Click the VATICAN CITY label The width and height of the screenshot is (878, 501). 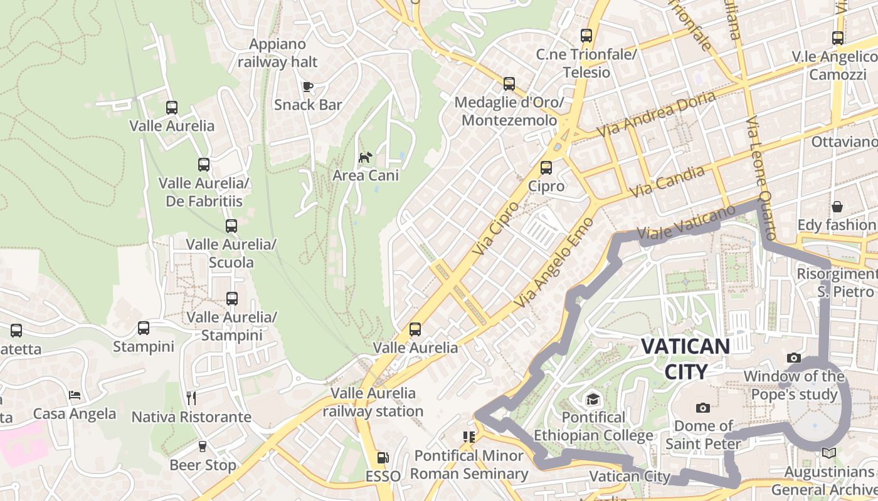click(x=685, y=358)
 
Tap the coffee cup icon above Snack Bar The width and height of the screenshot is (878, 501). click(x=307, y=86)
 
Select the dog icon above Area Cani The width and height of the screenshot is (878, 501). click(x=365, y=157)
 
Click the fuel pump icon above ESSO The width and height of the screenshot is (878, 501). click(x=383, y=458)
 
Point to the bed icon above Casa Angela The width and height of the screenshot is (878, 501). click(x=75, y=395)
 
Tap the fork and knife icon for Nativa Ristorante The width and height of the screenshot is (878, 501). click(x=191, y=398)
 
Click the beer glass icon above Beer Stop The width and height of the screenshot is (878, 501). click(x=202, y=446)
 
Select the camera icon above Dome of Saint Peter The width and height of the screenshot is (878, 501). click(x=703, y=408)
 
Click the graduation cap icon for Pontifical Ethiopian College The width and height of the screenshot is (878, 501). click(x=593, y=399)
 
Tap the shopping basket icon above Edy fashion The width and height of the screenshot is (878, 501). click(x=837, y=206)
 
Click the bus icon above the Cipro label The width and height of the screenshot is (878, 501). click(x=546, y=168)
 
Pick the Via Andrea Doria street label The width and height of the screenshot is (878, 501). click(x=656, y=115)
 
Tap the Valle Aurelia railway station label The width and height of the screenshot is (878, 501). click(x=373, y=402)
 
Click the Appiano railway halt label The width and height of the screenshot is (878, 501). click(x=277, y=53)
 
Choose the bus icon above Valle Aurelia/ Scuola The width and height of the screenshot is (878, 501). click(x=231, y=226)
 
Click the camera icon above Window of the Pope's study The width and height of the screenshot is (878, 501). click(x=794, y=358)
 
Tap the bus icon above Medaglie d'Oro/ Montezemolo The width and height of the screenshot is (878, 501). click(x=509, y=83)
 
